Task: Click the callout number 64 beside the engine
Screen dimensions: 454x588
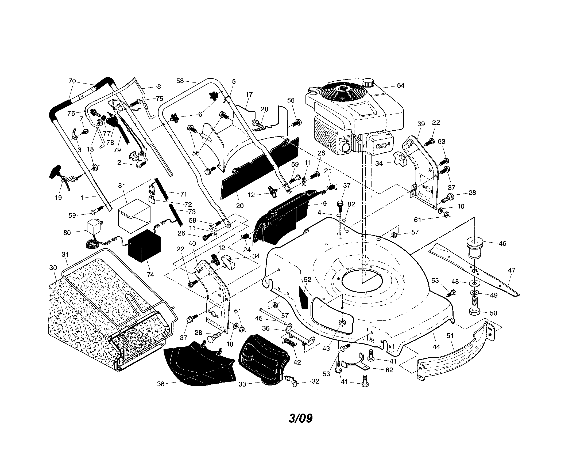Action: [x=401, y=85]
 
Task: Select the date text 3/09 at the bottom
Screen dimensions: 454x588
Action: [x=300, y=418]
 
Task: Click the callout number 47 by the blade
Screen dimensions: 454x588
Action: [x=512, y=270]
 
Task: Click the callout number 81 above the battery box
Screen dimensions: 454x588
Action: [x=122, y=186]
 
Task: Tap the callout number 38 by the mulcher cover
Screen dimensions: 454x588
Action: [x=161, y=384]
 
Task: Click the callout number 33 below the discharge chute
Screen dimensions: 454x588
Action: [x=242, y=384]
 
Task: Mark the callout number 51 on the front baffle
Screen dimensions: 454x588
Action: [x=450, y=336]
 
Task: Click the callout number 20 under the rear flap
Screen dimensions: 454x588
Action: [x=240, y=206]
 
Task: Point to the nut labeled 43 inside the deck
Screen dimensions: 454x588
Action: [x=342, y=322]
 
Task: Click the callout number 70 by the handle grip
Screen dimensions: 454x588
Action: [x=72, y=81]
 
